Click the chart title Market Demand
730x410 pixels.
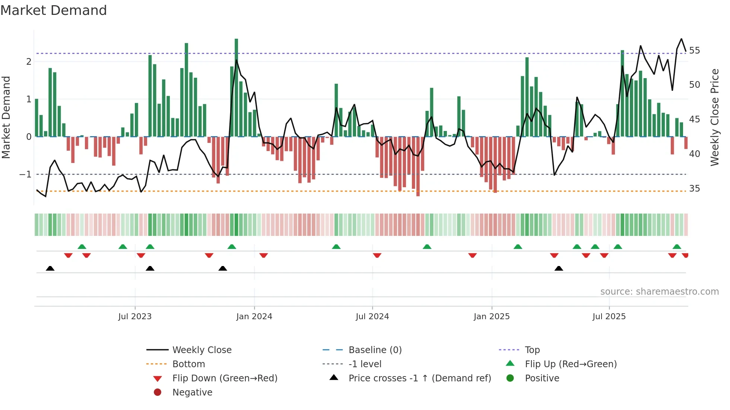54,10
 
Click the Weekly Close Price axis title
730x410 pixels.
714,117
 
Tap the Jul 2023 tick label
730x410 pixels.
135,316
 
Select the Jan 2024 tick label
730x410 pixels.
254,316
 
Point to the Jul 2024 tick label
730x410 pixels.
372,316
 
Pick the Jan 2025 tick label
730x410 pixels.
492,316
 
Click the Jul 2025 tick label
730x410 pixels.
609,316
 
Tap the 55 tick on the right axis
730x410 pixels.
694,50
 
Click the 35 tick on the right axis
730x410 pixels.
694,188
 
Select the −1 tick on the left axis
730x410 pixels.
25,174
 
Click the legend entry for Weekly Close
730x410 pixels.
201,350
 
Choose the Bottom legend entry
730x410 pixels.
188,364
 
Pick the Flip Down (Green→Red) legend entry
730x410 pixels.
225,378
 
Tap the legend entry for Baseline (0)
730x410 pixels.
375,350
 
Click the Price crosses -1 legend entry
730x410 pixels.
419,378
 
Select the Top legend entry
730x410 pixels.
532,350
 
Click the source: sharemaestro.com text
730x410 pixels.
659,291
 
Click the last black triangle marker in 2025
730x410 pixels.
559,268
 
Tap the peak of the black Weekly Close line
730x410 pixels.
682,39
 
